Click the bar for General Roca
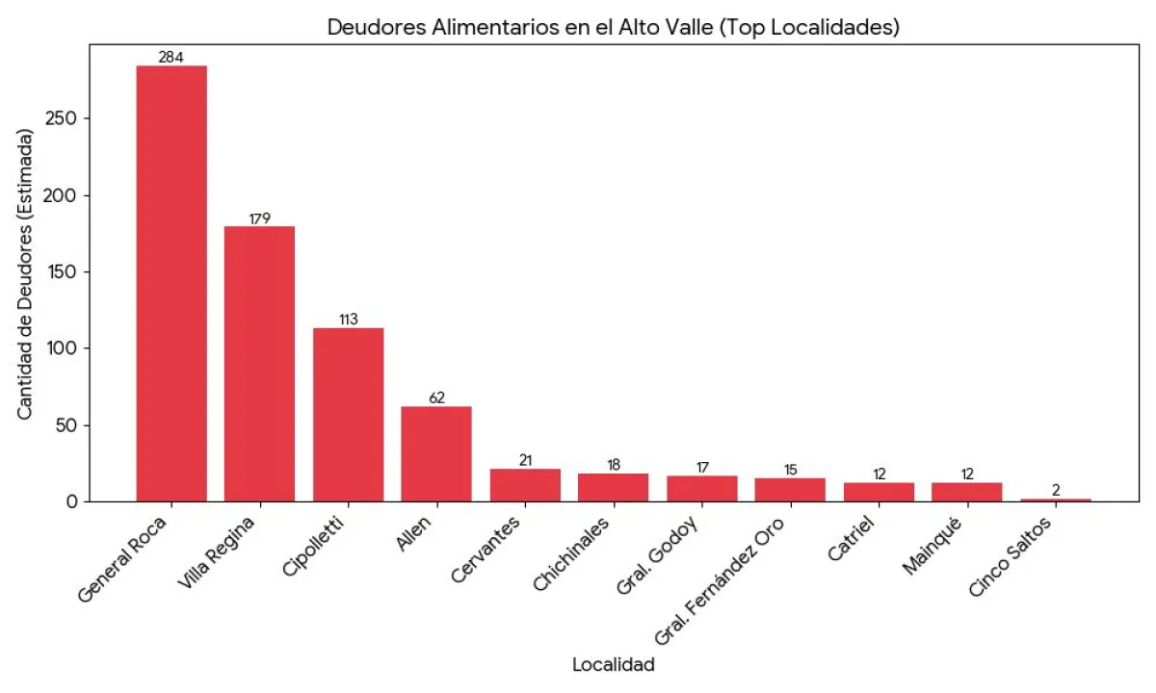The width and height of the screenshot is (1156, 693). (171, 283)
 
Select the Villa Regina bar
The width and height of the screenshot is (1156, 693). (259, 364)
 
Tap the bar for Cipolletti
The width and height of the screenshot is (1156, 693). (348, 415)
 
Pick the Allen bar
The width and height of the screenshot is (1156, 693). (436, 453)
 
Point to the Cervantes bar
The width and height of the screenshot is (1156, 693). (525, 485)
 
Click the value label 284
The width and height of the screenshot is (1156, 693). (171, 58)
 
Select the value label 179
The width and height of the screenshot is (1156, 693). (259, 218)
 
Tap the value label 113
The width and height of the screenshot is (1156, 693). (348, 320)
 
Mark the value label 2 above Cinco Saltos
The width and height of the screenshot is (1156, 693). (1056, 490)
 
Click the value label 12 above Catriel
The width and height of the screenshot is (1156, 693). (879, 475)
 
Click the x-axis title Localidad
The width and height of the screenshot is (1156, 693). (613, 665)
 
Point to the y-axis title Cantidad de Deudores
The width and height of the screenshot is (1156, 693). (26, 275)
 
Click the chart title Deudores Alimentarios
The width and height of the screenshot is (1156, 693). (613, 27)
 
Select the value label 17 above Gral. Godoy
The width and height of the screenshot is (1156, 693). (702, 468)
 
